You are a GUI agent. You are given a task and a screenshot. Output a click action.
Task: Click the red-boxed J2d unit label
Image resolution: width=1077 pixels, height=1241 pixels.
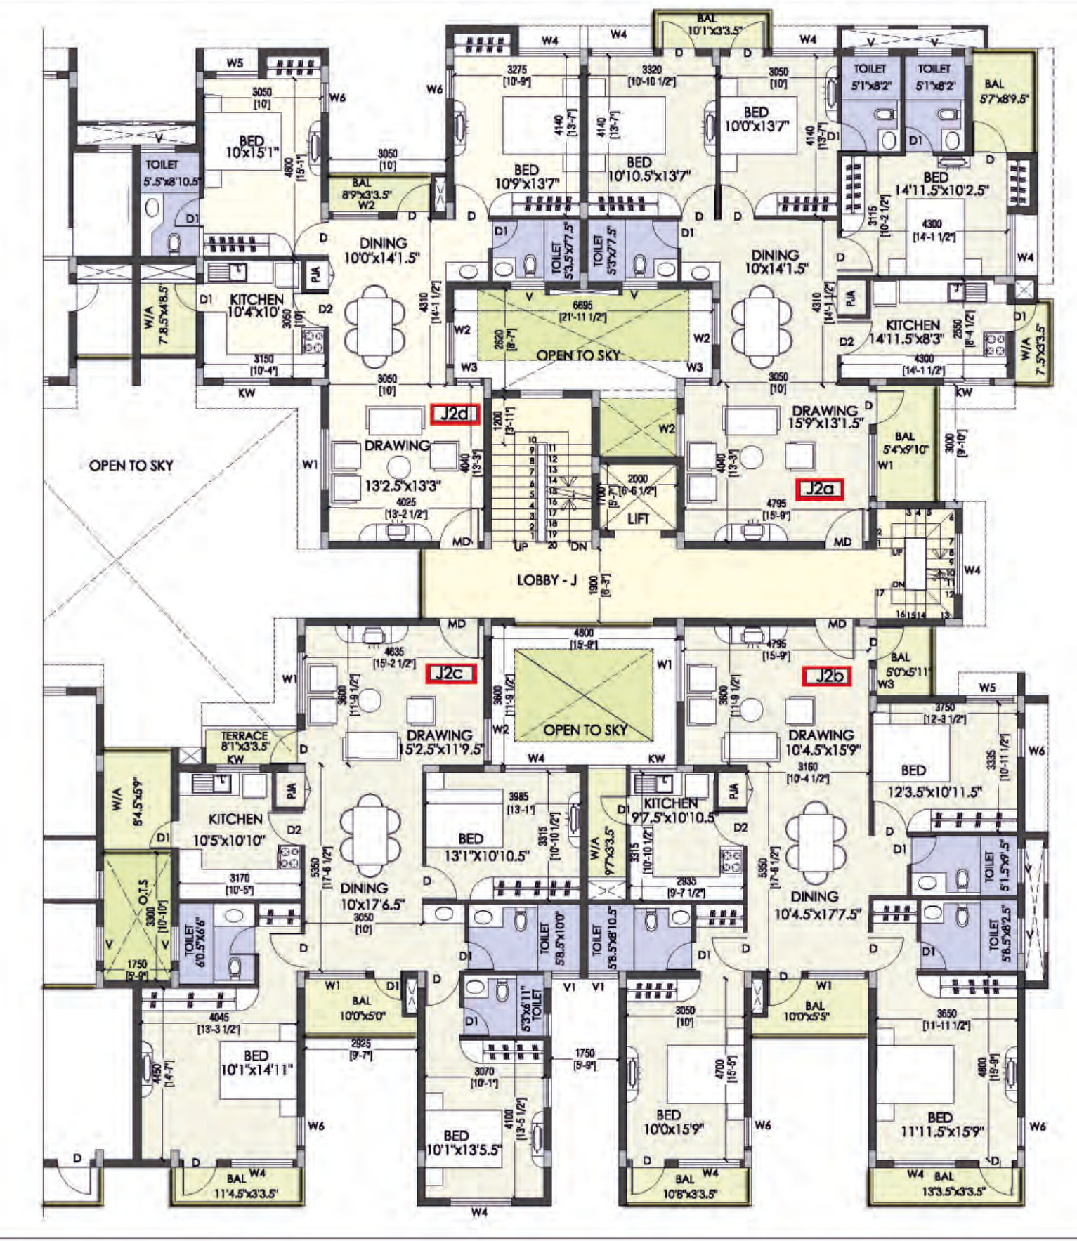pyautogui.click(x=455, y=414)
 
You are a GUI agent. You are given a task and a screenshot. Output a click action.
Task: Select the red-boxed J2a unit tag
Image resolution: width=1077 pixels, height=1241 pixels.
pyautogui.click(x=819, y=488)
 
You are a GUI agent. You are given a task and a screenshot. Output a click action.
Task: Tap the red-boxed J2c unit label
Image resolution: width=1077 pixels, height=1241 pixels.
pyautogui.click(x=452, y=674)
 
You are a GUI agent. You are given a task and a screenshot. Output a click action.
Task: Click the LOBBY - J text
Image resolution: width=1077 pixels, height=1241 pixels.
pyautogui.click(x=547, y=580)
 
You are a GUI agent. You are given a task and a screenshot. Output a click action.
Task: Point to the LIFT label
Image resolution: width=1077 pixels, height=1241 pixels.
pyautogui.click(x=638, y=519)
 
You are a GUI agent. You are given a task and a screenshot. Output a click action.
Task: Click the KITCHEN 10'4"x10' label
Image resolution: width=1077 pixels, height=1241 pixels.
pyautogui.click(x=256, y=306)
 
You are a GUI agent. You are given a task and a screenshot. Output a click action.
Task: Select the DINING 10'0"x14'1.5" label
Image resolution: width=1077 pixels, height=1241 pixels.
pyautogui.click(x=381, y=250)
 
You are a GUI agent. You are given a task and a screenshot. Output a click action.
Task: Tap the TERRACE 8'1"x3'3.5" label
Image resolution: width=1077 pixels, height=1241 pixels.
pyautogui.click(x=244, y=741)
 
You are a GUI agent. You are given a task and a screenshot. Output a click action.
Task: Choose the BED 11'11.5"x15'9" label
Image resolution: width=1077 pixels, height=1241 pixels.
pyautogui.click(x=939, y=1124)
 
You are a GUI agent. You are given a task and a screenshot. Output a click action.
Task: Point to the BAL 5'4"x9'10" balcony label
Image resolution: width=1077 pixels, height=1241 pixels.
pyautogui.click(x=906, y=442)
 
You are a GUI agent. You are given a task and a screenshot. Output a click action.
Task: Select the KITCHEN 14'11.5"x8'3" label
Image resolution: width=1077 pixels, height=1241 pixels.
pyautogui.click(x=913, y=331)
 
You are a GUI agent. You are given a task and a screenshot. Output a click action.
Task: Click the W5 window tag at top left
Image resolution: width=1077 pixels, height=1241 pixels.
pyautogui.click(x=235, y=63)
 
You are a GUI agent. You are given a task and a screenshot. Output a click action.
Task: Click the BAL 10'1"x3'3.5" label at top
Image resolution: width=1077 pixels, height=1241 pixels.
pyautogui.click(x=707, y=25)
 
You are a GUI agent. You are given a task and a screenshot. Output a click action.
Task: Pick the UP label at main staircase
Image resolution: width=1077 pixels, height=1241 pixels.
pyautogui.click(x=521, y=546)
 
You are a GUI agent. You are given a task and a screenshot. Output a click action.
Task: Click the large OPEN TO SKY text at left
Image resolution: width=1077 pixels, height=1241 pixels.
pyautogui.click(x=131, y=465)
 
